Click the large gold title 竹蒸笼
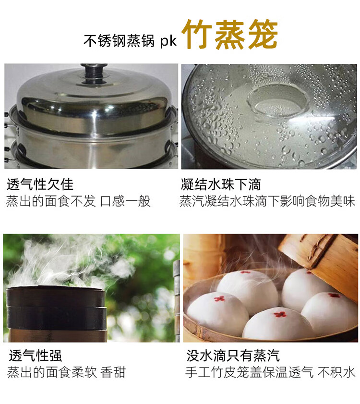pos(230,34)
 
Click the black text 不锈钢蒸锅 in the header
pos(119,41)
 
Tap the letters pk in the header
pos(168,41)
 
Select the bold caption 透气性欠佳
pos(40,184)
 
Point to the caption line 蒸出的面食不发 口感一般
pos(78,201)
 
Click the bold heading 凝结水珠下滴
pos(221,184)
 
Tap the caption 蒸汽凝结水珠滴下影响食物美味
pos(267,201)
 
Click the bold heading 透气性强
pos(36,355)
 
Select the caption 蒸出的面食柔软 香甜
pos(66,372)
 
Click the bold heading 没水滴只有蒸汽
pos(233,355)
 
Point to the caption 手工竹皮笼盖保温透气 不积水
pos(270,372)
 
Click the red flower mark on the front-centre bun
pos(280,314)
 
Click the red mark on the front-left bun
pos(220,299)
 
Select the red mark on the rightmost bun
pos(334,295)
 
